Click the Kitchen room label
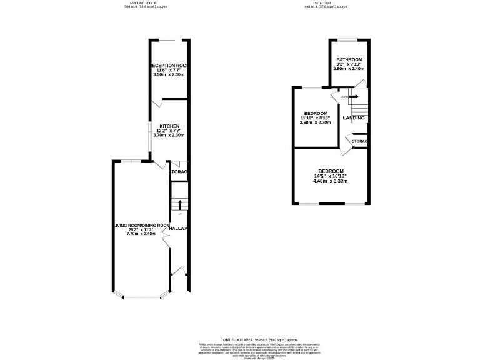click(x=169, y=125)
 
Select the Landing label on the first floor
click(x=354, y=118)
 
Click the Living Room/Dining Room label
click(x=141, y=225)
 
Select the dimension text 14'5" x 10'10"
click(x=331, y=176)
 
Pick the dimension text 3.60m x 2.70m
click(x=316, y=122)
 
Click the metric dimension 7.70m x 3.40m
click(x=141, y=234)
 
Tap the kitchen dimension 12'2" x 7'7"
click(x=169, y=130)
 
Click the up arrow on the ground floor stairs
click(x=179, y=204)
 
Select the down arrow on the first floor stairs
click(x=351, y=96)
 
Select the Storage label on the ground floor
click(x=179, y=172)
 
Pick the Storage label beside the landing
click(x=359, y=142)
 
